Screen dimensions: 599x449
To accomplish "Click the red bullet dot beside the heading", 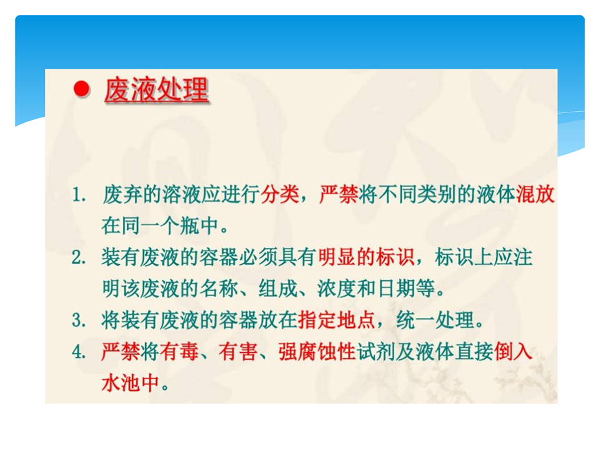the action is pos(81,89).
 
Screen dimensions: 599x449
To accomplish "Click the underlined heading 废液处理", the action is pos(157,90).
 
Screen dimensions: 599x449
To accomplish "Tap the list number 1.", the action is pos(78,195).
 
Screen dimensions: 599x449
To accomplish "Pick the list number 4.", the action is pos(78,352).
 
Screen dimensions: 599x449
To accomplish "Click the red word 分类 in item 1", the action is pos(280,195).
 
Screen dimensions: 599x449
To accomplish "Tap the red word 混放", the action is pos(535,195).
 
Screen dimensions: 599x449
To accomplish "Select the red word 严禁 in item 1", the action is pos(339,195).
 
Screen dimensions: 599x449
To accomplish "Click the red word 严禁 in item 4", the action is pos(121,352).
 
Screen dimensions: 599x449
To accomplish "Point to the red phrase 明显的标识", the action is pos(367,257).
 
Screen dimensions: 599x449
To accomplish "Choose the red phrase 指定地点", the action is pos(336,320).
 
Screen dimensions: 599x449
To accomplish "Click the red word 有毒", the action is pos(179,352).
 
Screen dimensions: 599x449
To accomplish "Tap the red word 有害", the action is pos(238,352).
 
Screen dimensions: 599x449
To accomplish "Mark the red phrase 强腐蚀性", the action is pos(317,352).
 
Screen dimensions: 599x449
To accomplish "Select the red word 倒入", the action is pos(513,352).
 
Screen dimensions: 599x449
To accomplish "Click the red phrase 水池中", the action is pos(131,383).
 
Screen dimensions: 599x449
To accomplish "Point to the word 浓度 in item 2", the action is pos(336,289).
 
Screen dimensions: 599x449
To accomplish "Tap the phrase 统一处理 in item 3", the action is pos(435,320).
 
